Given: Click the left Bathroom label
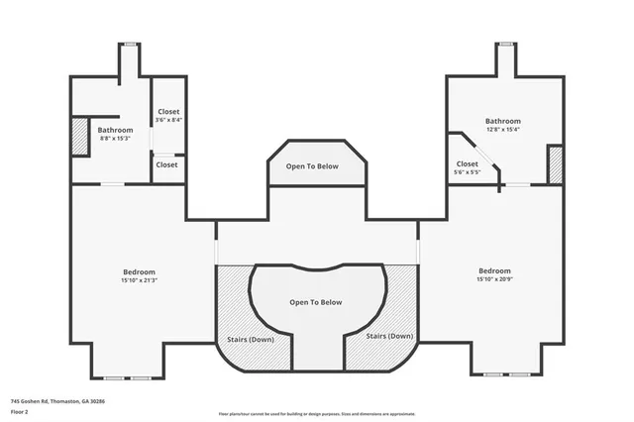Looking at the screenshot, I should pos(115,130).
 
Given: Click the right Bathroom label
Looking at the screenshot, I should pos(502,121).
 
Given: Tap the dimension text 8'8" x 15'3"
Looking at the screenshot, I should pos(115,139).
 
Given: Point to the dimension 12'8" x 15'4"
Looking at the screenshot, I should pos(502,130).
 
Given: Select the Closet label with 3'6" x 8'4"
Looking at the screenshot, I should pos(168,112).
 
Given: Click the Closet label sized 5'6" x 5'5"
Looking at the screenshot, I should pos(467,163).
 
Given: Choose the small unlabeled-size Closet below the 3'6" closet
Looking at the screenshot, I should pos(166,164).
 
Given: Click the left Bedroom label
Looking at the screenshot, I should pos(139,271).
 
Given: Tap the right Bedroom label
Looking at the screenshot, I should pos(494,270).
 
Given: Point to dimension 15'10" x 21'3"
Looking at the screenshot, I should pos(139,280).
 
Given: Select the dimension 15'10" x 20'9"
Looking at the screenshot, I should pos(494,279).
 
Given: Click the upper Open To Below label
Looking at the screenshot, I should pos(312,166).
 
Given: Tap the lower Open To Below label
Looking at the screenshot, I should pos(315,302).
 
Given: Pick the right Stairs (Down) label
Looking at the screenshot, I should pos(389,337).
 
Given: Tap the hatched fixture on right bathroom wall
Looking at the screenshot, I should pos(555,164).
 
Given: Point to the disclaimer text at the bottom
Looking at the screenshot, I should pos(317,414).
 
